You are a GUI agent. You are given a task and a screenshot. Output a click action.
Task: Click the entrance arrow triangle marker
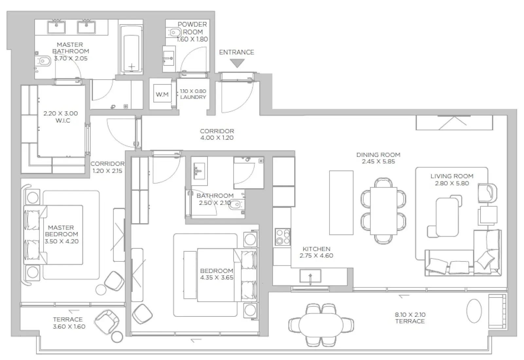(x=237, y=63)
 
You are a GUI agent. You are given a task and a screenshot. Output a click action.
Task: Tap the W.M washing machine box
(x=162, y=95)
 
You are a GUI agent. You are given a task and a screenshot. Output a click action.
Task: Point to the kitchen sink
(x=310, y=276)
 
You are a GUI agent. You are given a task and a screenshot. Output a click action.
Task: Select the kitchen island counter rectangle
(x=341, y=203)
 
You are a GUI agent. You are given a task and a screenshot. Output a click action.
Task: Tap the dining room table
(x=383, y=211)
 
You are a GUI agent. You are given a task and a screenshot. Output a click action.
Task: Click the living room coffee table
(x=447, y=217)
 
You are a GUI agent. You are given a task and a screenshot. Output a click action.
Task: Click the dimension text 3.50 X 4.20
(x=62, y=242)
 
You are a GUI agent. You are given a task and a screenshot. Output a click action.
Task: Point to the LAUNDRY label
(x=193, y=97)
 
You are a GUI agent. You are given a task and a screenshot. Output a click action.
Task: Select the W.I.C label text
(x=63, y=120)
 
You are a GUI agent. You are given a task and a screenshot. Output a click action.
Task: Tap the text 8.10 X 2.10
(x=410, y=315)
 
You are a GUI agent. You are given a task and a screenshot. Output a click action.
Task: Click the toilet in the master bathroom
(x=44, y=61)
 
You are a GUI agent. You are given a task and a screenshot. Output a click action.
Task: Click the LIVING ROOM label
(x=452, y=176)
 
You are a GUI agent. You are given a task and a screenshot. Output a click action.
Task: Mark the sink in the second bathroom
(x=198, y=171)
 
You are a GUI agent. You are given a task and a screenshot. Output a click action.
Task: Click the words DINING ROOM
(x=378, y=154)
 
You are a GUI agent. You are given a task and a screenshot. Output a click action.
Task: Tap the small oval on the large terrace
(x=474, y=311)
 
